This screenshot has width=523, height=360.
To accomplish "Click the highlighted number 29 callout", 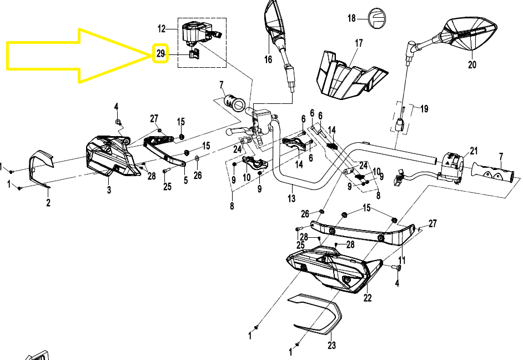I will click(x=160, y=54).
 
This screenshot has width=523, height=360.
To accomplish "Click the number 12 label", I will click(x=162, y=28).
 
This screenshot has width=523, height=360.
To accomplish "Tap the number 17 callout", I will click(x=359, y=43).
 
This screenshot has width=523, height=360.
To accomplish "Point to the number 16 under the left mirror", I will click(x=268, y=59).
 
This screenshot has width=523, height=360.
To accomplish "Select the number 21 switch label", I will click(x=473, y=151).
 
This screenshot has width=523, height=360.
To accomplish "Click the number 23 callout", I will click(x=331, y=346).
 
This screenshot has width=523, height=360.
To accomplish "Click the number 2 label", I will click(x=48, y=203).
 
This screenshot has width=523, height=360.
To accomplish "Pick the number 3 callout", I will click(x=109, y=190).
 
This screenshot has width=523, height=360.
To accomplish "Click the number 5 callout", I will click(x=185, y=180).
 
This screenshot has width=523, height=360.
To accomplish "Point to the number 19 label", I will click(x=424, y=109).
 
